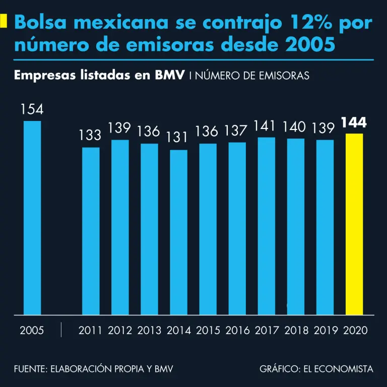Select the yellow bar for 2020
tap(354, 224)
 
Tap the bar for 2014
tap(178, 232)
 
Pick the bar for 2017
tap(267, 226)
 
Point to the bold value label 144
tap(354, 123)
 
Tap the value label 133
tap(91, 136)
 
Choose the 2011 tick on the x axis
tap(91, 331)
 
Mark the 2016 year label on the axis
tap(237, 331)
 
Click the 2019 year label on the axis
tap(325, 331)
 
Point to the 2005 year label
tap(32, 331)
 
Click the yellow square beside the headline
tap(4, 21)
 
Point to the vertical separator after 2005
tap(61, 330)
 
